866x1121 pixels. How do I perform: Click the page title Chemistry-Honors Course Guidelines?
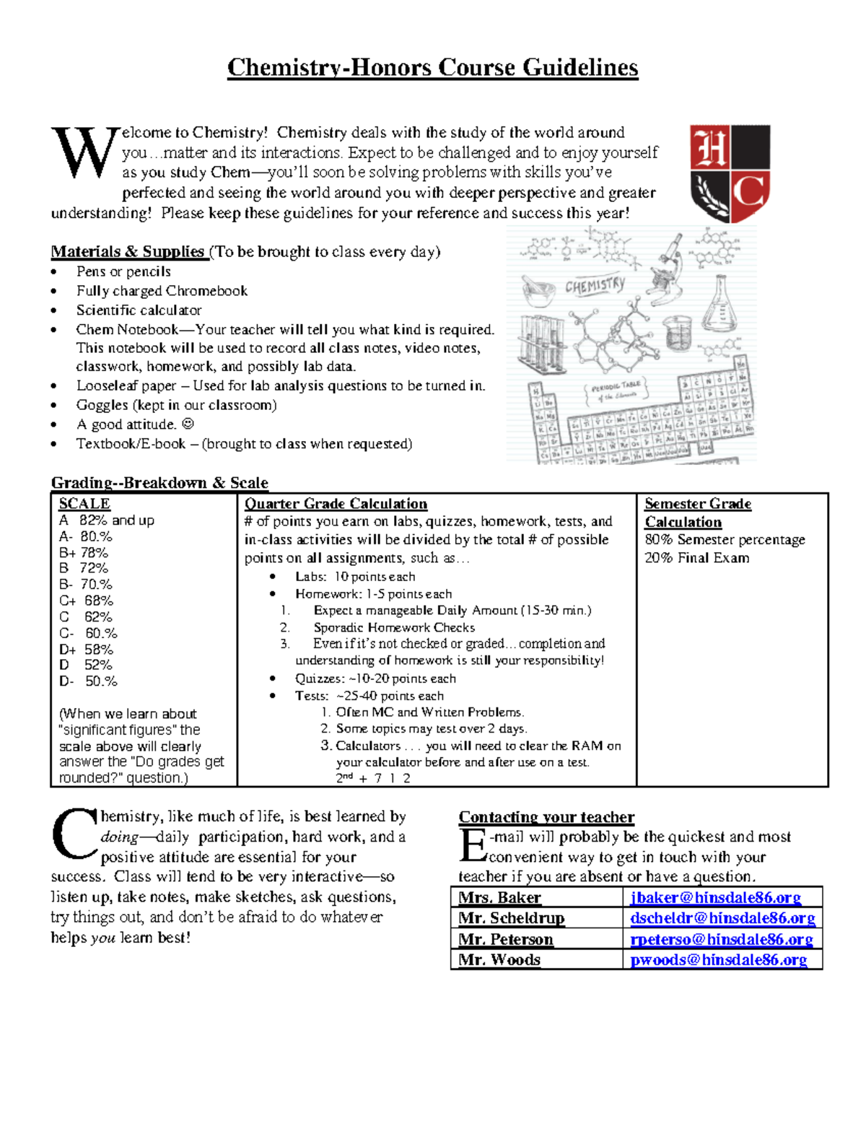point(432,68)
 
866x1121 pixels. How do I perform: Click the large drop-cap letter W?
point(83,152)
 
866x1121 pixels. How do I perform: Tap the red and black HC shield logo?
point(730,173)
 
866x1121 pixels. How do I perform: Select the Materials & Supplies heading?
point(128,252)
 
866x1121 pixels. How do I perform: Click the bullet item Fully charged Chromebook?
point(162,291)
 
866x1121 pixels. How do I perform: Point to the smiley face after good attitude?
point(188,424)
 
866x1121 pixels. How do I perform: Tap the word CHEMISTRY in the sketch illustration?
point(595,285)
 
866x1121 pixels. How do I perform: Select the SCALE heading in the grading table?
point(84,504)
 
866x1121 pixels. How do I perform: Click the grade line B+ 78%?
point(84,553)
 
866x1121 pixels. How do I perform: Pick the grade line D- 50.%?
point(88,681)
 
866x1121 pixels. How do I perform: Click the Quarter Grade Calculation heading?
point(336,504)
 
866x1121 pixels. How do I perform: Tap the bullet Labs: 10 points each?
point(354,577)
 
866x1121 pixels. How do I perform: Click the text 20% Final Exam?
point(696,558)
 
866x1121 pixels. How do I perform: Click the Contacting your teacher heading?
point(546,817)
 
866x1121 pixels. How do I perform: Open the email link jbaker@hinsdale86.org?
point(715,897)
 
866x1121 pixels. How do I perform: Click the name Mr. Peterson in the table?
point(506,939)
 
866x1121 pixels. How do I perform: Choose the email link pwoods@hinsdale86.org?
point(718,959)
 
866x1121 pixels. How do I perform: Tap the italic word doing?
point(119,837)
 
